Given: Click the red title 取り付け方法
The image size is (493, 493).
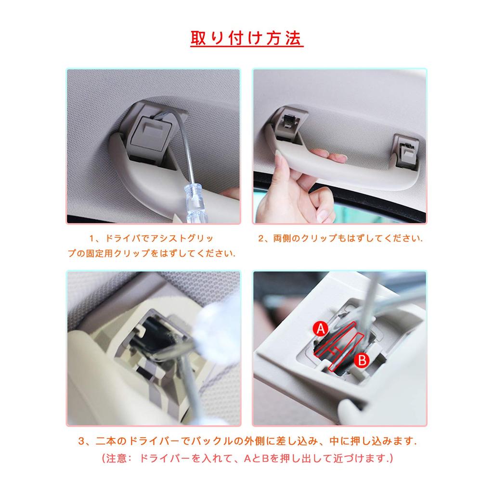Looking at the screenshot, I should (x=246, y=39).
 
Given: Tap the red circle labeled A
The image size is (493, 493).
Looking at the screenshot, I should (x=320, y=329).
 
